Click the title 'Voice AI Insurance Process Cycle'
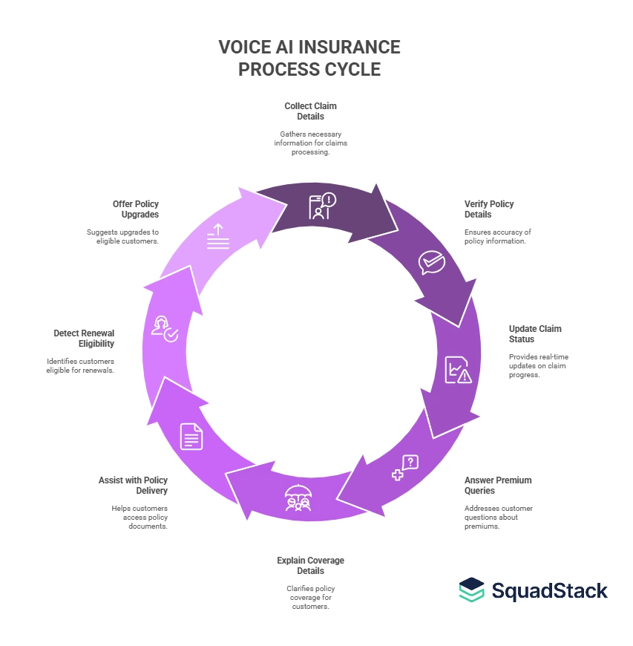click(309, 58)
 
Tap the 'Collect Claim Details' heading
click(310, 111)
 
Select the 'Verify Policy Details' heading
click(489, 209)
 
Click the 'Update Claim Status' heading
click(535, 333)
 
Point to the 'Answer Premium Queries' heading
click(498, 485)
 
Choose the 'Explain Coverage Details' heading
click(310, 565)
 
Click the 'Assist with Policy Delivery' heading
click(133, 485)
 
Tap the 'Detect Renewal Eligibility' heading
click(84, 338)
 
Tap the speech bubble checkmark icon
click(431, 262)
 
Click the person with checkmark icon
click(164, 328)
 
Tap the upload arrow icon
click(218, 236)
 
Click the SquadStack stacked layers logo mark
click(471, 590)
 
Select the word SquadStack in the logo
click(550, 590)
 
